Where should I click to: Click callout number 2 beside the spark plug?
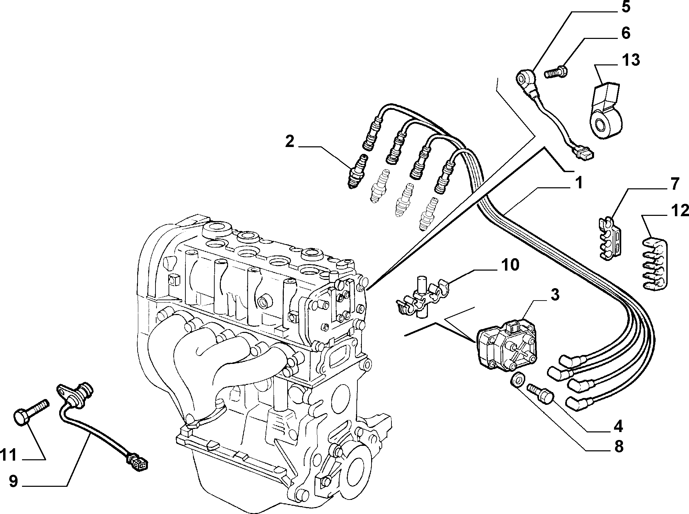coord(290,142)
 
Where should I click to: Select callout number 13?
coord(630,60)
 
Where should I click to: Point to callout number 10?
coord(510,265)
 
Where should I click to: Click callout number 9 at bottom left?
coord(13,481)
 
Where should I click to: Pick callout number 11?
coord(9,455)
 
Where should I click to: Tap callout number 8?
coord(618,447)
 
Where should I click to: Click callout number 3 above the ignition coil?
coord(554,295)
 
